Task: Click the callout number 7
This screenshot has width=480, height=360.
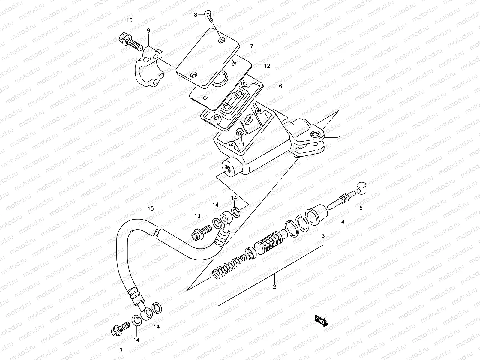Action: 251,46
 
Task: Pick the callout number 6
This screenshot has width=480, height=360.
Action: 280,86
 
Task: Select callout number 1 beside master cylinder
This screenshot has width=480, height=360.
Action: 339,138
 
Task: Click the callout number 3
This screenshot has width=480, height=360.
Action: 323,236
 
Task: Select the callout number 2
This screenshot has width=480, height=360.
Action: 274,286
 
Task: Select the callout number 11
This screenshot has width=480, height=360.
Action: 241,144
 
